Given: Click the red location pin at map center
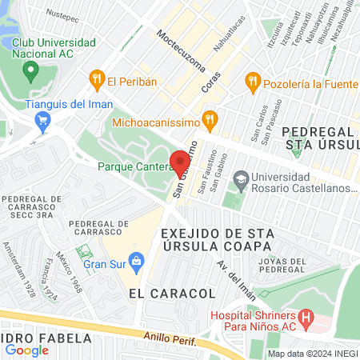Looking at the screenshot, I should [x=179, y=158].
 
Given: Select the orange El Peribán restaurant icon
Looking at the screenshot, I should [x=96, y=79].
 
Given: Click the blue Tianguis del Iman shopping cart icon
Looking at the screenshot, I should [x=43, y=121].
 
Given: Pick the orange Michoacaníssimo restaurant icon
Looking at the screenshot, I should [x=210, y=122].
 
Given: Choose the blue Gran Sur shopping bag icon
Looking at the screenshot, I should [x=137, y=259].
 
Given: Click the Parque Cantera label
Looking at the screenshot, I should [x=133, y=166].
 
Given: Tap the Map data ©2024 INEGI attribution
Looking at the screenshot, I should [x=312, y=354].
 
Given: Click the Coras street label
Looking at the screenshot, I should [x=211, y=82].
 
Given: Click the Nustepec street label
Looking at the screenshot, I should [x=63, y=14].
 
